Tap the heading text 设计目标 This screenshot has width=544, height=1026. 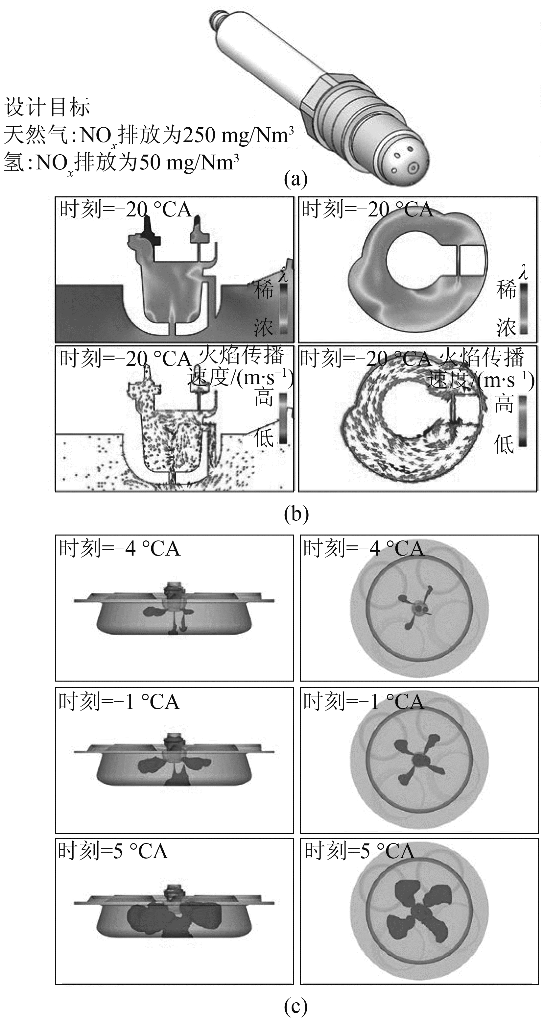point(47,108)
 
